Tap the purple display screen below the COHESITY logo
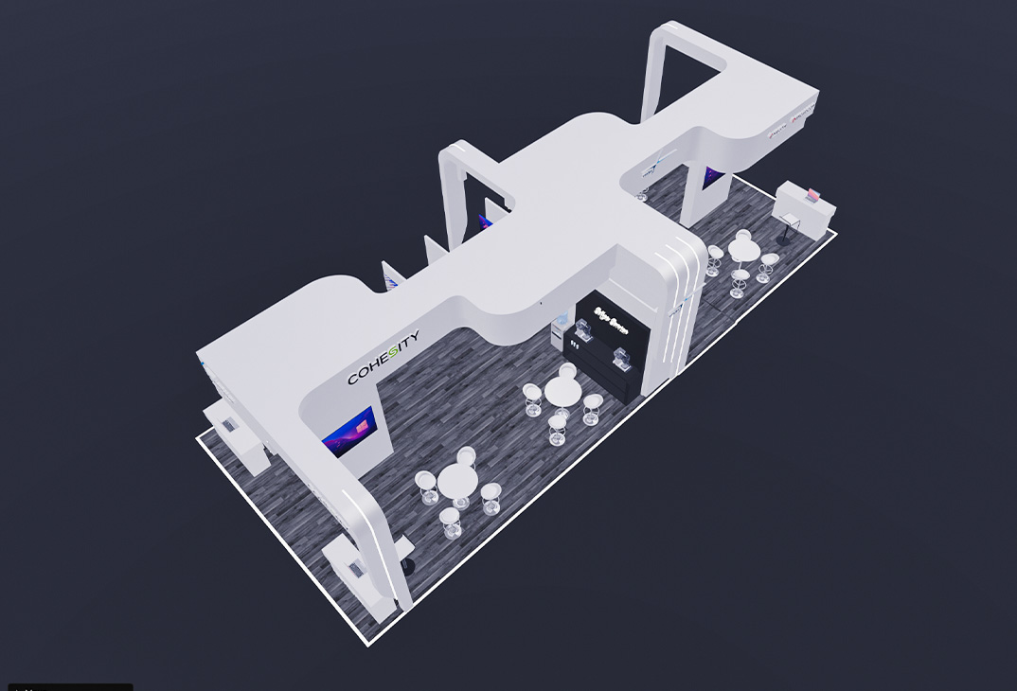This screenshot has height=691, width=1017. click(348, 432)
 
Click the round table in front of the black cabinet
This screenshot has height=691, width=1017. click(563, 389)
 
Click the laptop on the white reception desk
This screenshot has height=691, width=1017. click(812, 196)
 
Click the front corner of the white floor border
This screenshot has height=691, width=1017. click(368, 644)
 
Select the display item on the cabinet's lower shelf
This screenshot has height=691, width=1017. click(621, 357)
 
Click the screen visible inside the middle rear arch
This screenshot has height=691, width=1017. click(485, 223)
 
